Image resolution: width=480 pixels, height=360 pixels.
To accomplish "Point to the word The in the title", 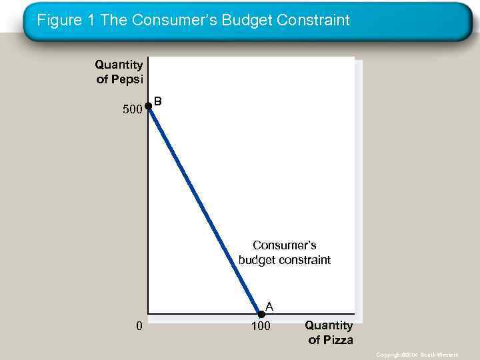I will (x=115, y=21).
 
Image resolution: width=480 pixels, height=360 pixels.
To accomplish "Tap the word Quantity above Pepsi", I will (x=119, y=65).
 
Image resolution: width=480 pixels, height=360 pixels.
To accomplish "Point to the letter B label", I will (x=158, y=101).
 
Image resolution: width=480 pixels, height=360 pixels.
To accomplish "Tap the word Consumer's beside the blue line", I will (x=284, y=245).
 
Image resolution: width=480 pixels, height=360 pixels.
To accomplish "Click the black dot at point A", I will (x=261, y=314).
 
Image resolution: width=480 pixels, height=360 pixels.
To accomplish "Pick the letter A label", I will (x=269, y=306).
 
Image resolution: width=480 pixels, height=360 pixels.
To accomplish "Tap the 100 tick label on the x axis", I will (x=261, y=327).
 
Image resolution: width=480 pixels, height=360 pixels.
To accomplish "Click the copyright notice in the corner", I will (x=417, y=355).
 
